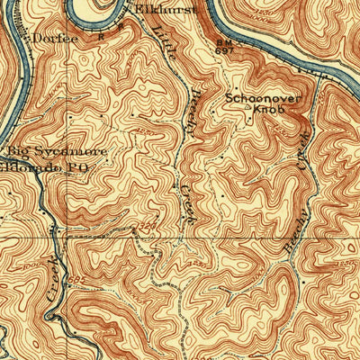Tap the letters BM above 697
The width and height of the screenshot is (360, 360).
223,41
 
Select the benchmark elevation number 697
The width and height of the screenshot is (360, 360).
223,51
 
